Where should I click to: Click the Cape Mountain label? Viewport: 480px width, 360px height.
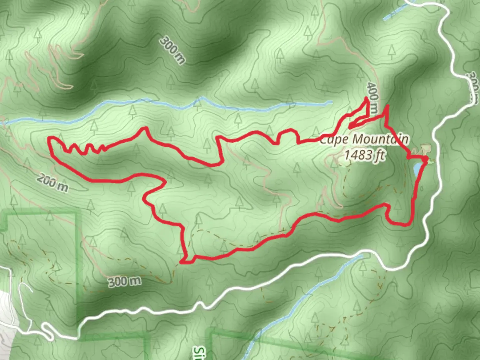coord(364,139)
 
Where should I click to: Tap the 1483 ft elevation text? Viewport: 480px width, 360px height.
coord(365,155)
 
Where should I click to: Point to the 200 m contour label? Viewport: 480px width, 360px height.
coord(53,183)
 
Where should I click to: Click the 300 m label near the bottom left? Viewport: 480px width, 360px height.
coord(124,282)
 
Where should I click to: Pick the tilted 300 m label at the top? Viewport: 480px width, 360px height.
coord(172,50)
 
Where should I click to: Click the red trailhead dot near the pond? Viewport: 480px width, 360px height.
coord(425,161)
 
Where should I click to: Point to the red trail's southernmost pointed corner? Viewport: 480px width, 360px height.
coord(182,262)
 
